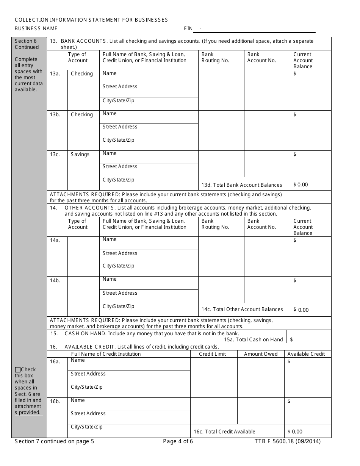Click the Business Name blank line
(119, 29)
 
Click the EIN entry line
(258, 29)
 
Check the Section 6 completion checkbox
(17, 370)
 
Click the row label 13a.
(55, 74)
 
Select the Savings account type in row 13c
(80, 155)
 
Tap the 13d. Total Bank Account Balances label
(241, 185)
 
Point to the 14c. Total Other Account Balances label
(242, 310)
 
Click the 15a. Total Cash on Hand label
(253, 340)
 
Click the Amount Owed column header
(261, 354)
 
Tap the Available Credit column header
(306, 354)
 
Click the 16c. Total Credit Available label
(224, 432)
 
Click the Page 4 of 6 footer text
(178, 441)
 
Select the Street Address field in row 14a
(149, 256)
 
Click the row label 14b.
(55, 281)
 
